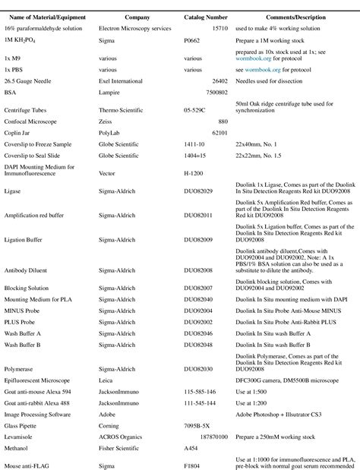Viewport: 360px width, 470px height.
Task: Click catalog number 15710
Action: pyautogui.click(x=218, y=27)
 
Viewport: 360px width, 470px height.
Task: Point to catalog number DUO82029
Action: pyautogui.click(x=199, y=191)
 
